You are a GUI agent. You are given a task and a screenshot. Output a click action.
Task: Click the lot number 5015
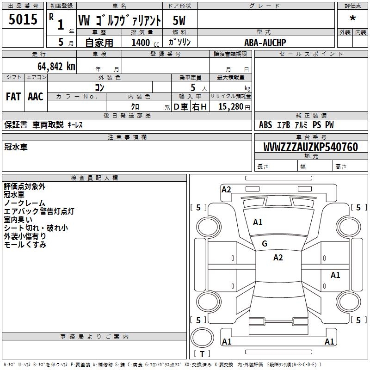pyautogui.click(x=23, y=19)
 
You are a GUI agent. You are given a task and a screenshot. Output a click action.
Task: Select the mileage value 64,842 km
pyautogui.click(x=56, y=67)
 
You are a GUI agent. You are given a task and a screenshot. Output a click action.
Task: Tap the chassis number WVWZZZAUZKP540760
pyautogui.click(x=310, y=147)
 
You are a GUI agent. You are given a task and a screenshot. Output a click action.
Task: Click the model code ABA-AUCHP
pyautogui.click(x=265, y=43)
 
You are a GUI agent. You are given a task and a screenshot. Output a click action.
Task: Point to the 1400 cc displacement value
pyautogui.click(x=145, y=43)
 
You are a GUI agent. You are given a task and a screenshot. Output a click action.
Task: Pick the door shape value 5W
pyautogui.click(x=179, y=20)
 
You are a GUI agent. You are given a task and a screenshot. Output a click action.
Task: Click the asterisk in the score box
pyautogui.click(x=352, y=18)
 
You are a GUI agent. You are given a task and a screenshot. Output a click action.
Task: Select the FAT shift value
pyautogui.click(x=13, y=97)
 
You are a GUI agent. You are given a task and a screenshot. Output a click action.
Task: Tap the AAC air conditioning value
pyautogui.click(x=36, y=97)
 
